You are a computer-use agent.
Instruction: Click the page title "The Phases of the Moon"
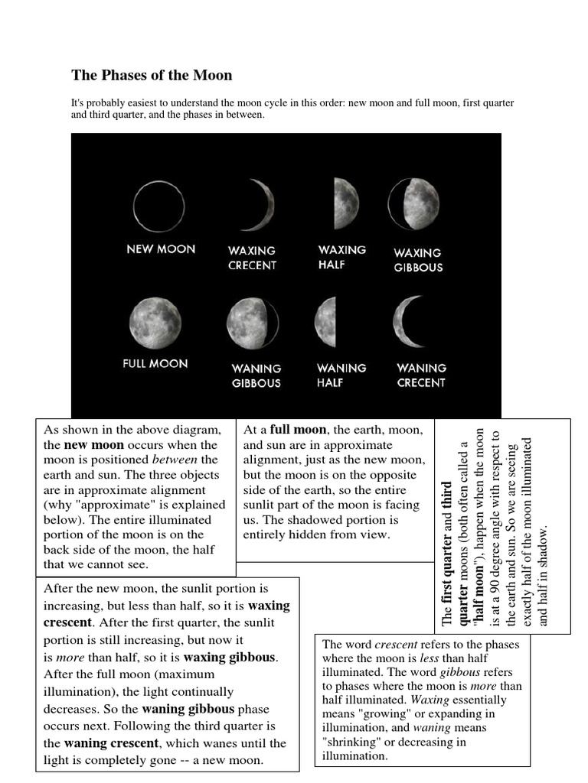152,76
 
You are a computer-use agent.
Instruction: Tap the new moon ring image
158,206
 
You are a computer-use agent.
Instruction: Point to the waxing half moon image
346,203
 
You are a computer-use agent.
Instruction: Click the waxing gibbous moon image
413,204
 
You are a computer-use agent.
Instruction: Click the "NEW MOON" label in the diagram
161,249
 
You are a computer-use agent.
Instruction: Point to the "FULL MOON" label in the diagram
155,364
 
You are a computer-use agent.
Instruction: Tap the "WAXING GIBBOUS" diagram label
418,260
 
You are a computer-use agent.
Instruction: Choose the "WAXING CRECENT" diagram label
252,258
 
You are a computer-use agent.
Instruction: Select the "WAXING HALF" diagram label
341,257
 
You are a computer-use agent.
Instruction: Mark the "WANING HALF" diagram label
341,375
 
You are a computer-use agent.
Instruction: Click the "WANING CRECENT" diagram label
421,375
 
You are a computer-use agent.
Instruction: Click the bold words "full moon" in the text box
298,430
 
